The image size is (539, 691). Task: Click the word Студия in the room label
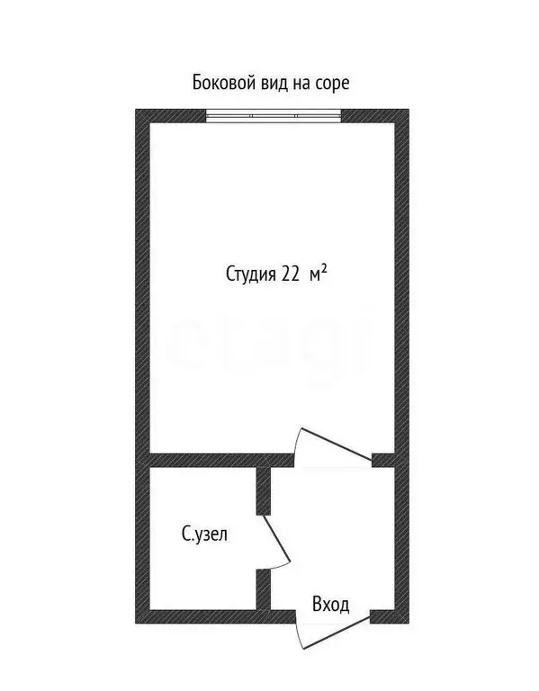[x=250, y=274]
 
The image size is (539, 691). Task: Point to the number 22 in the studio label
[x=290, y=274]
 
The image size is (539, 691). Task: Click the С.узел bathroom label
[x=204, y=534]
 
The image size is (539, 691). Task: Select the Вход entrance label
[x=331, y=605]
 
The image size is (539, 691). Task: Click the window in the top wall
[x=274, y=116]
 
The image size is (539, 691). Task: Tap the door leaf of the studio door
[x=336, y=444]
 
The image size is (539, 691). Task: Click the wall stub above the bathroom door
[x=264, y=491]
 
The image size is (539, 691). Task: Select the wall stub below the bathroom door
[x=263, y=589]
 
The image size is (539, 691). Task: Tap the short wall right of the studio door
[x=383, y=460]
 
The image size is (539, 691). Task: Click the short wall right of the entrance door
[x=382, y=616]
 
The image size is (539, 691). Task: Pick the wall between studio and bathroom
[x=222, y=460]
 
